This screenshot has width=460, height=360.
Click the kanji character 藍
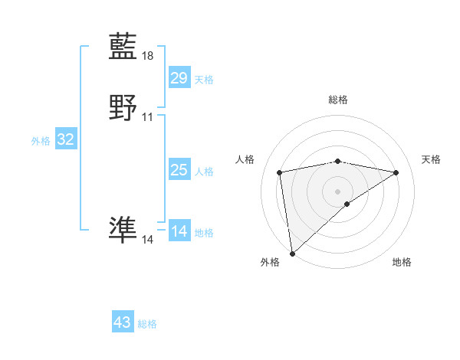tap(123, 47)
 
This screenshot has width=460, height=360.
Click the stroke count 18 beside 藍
tap(148, 56)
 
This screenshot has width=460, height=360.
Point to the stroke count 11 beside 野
tap(148, 116)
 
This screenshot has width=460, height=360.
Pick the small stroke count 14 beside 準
tap(148, 240)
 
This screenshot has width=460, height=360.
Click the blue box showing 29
tap(179, 77)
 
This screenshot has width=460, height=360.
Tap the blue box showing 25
tap(179, 170)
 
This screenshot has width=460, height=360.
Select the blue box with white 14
tap(179, 231)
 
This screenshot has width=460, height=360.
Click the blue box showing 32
tap(65, 139)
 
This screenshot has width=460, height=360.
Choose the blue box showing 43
tap(123, 322)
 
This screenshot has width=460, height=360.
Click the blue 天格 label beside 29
tap(204, 79)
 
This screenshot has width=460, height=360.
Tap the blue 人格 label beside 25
tap(204, 172)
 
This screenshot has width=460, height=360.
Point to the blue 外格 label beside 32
tap(41, 141)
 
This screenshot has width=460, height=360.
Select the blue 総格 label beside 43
tap(147, 324)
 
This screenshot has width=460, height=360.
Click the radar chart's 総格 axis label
tap(338, 100)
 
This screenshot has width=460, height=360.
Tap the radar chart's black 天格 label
tap(431, 159)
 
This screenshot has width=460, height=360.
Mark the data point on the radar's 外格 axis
tap(291, 254)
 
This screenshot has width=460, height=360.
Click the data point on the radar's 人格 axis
tap(280, 172)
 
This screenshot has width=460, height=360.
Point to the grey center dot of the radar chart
tap(338, 190)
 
